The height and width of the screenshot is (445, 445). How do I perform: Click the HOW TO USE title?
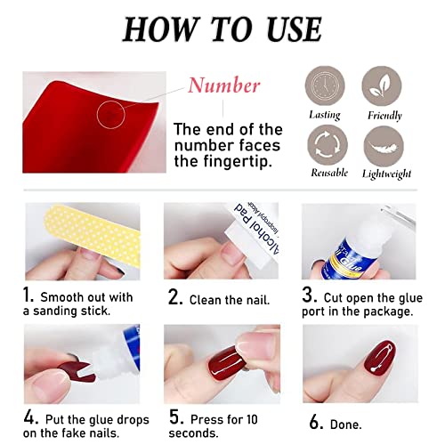point(222,29)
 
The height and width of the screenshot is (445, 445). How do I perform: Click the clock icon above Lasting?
point(324,85)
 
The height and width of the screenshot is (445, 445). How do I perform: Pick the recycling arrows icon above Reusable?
point(324,143)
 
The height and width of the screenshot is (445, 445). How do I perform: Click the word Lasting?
point(324,115)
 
